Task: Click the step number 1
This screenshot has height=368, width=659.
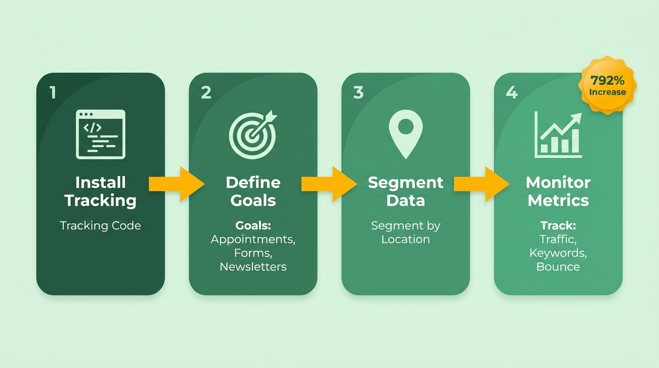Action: click(x=53, y=92)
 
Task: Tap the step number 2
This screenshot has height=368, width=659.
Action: click(x=206, y=92)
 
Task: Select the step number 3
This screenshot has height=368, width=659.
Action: click(x=358, y=92)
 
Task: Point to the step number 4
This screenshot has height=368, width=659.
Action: click(x=511, y=92)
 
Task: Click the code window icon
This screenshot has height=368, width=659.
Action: click(x=101, y=135)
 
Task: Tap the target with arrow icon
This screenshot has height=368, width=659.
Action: click(x=253, y=135)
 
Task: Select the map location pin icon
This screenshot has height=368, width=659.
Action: click(x=406, y=134)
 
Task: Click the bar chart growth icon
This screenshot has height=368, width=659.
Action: click(x=558, y=135)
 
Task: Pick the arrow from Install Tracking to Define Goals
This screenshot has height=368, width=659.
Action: click(x=177, y=184)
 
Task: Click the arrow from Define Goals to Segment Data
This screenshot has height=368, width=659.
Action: click(x=329, y=184)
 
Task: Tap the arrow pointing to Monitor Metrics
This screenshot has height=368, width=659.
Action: click(x=482, y=184)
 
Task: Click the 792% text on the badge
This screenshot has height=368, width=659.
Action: click(x=607, y=80)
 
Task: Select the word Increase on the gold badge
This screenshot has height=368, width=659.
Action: click(x=607, y=92)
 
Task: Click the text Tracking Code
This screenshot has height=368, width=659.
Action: click(x=101, y=226)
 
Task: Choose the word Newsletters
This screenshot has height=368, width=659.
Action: click(x=253, y=267)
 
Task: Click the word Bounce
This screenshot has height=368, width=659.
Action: click(x=558, y=267)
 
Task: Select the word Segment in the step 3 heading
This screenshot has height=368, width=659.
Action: click(x=406, y=183)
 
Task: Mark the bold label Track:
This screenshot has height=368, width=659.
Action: click(x=558, y=226)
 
